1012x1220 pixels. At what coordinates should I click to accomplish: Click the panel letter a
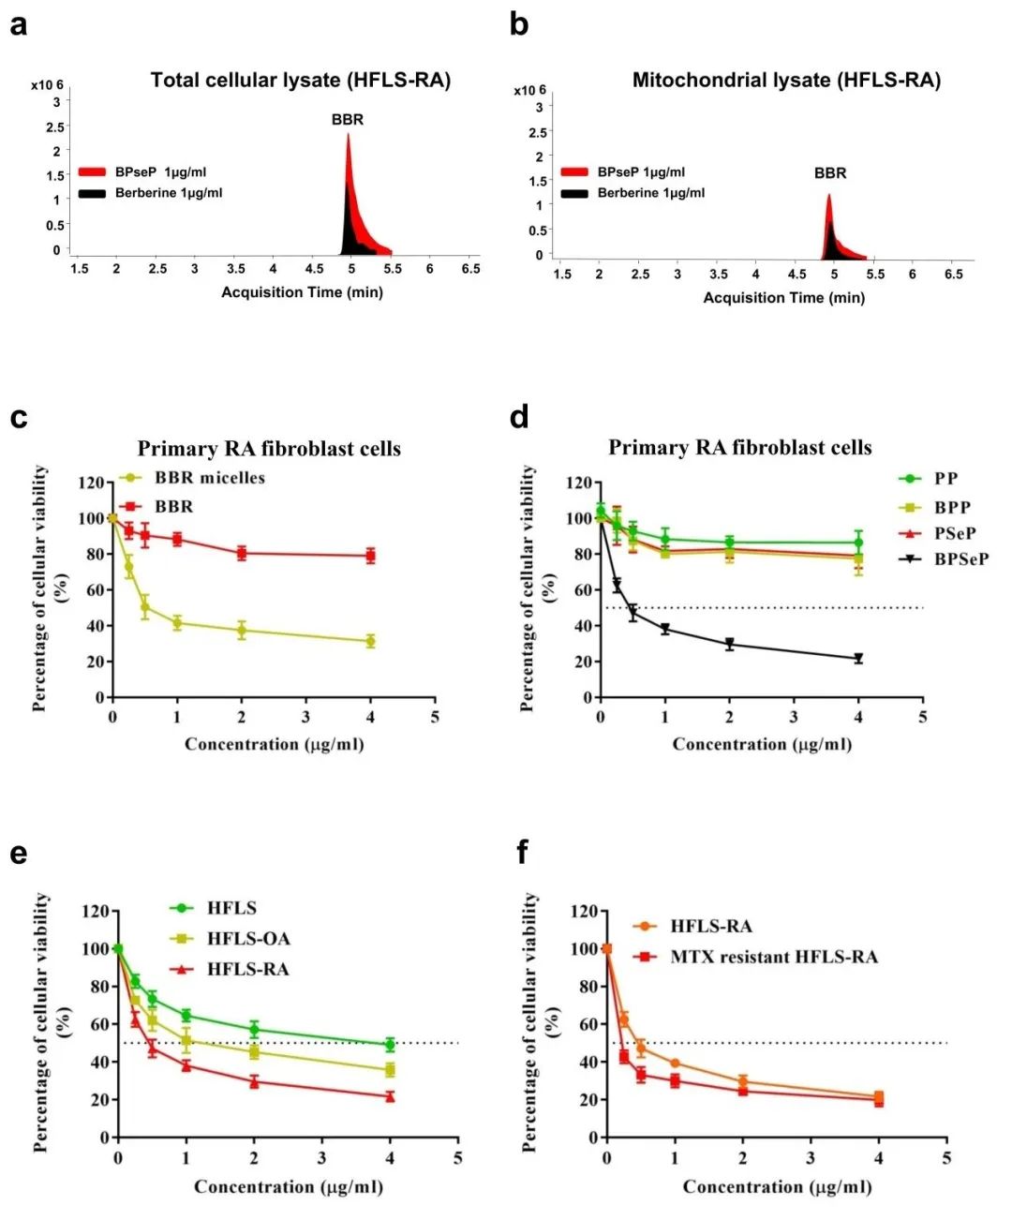pos(18,25)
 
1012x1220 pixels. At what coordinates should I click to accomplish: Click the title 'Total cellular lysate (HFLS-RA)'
pos(300,81)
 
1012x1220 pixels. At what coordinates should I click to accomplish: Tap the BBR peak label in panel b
pos(829,173)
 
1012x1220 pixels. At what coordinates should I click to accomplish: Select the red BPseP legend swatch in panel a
pos(92,172)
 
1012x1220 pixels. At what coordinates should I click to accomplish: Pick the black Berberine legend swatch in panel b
pos(574,193)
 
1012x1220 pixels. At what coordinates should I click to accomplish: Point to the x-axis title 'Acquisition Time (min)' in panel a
pos(302,292)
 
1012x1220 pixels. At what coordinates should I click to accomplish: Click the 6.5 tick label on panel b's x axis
pos(953,275)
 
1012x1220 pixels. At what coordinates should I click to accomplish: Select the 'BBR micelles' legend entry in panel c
pos(209,478)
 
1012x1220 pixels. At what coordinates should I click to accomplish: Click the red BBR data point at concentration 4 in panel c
pos(371,556)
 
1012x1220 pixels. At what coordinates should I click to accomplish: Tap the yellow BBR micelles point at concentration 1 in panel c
pos(177,622)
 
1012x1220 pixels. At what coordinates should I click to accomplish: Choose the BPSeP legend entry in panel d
pos(960,559)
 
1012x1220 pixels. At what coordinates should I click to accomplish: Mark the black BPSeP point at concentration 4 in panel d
pos(858,659)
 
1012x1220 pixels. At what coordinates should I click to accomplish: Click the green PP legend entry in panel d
pos(945,479)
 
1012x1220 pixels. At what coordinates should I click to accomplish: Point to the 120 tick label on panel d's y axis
pos(580,483)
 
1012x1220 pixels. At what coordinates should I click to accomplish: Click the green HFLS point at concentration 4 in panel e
pos(390,1045)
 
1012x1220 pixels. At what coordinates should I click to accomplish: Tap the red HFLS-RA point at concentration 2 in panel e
pos(254,1081)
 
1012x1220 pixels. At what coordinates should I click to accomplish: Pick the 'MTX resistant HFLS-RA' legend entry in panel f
pos(773,957)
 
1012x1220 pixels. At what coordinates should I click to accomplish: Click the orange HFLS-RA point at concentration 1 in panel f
pos(675,1064)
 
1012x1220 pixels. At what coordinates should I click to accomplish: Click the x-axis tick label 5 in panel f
pos(946,1158)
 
